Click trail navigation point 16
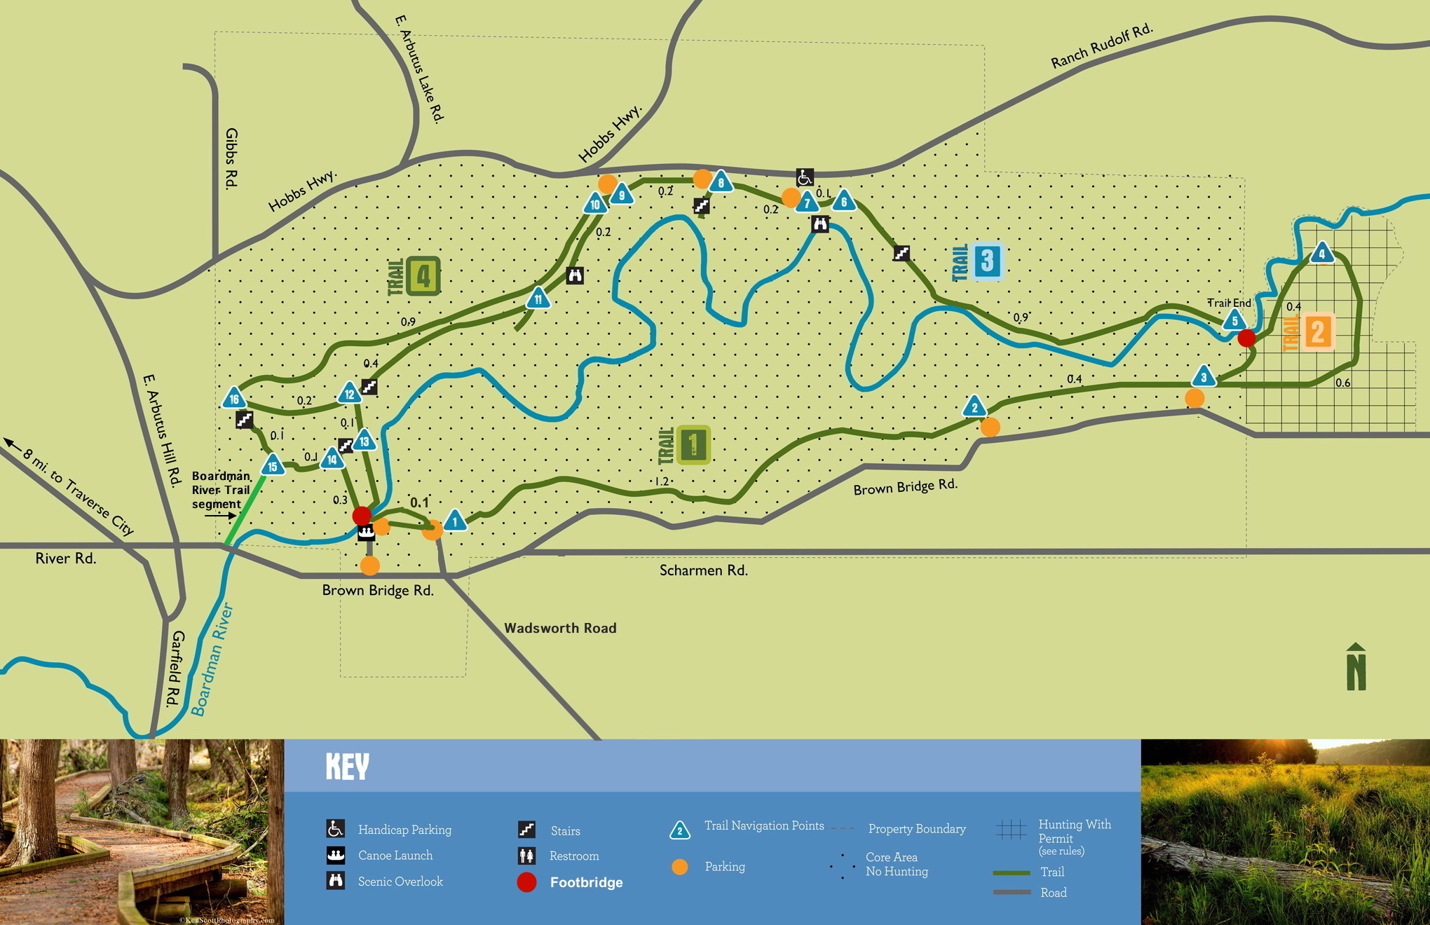(x=234, y=399)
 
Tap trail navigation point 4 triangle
(x=1322, y=253)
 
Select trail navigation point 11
(x=538, y=299)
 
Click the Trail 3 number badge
(x=987, y=261)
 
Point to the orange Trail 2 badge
(x=1317, y=332)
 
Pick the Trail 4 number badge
(x=423, y=276)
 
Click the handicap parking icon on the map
(x=805, y=177)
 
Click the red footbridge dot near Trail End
(x=1246, y=338)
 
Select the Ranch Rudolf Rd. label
(x=1101, y=46)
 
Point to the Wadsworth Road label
(x=560, y=628)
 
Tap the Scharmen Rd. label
(x=703, y=570)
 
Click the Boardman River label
(x=212, y=659)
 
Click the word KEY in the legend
(x=347, y=767)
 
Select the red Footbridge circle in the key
(x=526, y=882)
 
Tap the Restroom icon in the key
(x=526, y=856)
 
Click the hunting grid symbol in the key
(x=1011, y=829)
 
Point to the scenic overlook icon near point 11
(x=575, y=275)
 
